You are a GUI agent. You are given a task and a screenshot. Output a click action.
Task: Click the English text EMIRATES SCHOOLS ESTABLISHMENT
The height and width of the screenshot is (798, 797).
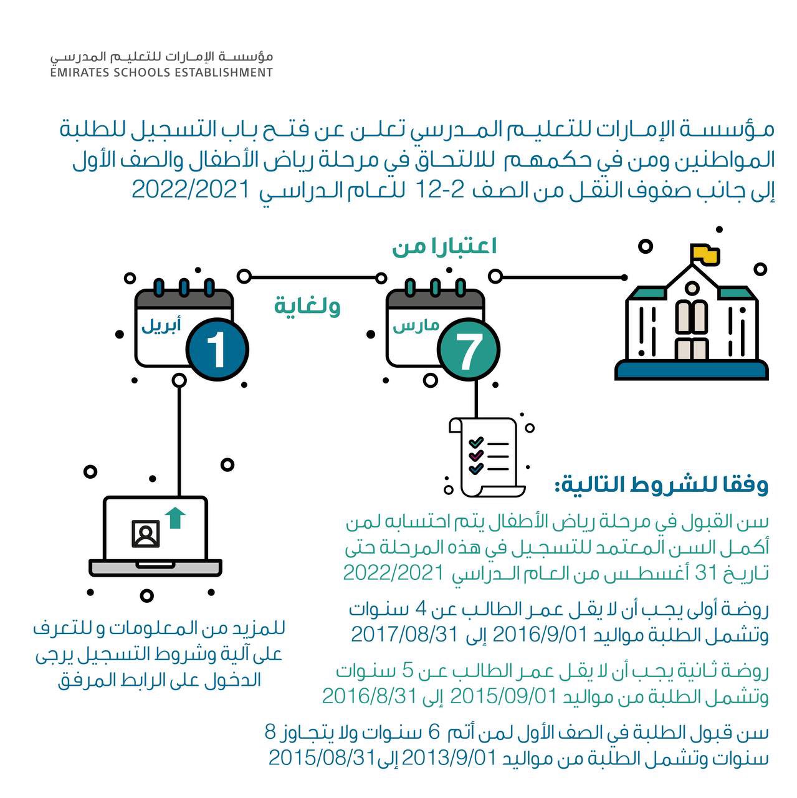tap(161, 72)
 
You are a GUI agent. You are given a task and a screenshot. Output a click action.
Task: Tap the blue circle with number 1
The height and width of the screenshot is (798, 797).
tap(216, 350)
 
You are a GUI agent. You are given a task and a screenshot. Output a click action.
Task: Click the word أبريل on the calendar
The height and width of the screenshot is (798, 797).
tap(161, 325)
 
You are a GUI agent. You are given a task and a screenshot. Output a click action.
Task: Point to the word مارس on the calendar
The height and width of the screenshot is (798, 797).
tap(415, 325)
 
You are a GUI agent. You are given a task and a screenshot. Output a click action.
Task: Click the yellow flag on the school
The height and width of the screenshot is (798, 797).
tap(706, 254)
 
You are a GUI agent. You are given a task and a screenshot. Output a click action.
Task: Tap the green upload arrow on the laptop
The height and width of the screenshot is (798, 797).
tap(175, 517)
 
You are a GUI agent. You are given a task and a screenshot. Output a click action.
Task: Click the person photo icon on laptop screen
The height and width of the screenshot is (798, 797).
tap(146, 534)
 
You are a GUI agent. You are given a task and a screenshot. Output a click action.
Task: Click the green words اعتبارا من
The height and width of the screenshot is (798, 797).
tap(444, 247)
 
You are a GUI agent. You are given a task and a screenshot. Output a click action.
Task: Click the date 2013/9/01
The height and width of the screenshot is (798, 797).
tap(449, 757)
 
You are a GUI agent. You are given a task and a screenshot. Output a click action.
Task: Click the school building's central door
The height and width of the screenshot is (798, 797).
tap(692, 349)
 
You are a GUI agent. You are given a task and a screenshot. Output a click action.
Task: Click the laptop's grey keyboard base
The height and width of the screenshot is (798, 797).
tap(155, 568)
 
